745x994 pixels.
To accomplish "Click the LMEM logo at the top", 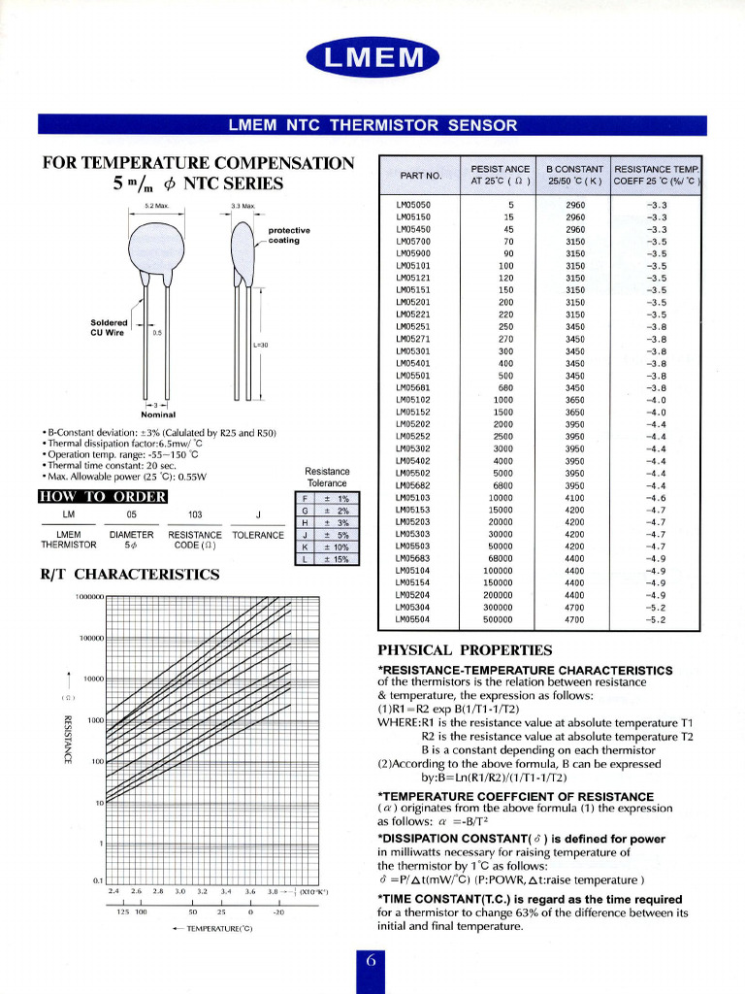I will click(372, 60).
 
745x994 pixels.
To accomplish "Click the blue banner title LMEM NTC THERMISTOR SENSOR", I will click(372, 125).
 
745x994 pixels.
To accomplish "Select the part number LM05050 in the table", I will click(413, 205).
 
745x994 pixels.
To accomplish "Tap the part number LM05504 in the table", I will click(413, 618).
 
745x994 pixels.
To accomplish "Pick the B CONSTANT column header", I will click(574, 175).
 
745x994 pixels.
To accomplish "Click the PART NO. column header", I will click(421, 175).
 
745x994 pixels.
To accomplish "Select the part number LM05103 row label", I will click(413, 498).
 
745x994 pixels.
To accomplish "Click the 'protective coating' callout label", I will click(288, 235).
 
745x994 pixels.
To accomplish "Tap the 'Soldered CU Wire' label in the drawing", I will click(109, 327).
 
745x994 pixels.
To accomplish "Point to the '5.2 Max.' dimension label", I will click(157, 207).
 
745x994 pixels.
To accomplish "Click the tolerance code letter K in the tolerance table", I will click(306, 546).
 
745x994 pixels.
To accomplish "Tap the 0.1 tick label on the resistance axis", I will click(97, 880).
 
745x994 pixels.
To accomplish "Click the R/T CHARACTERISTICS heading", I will click(130, 574).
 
